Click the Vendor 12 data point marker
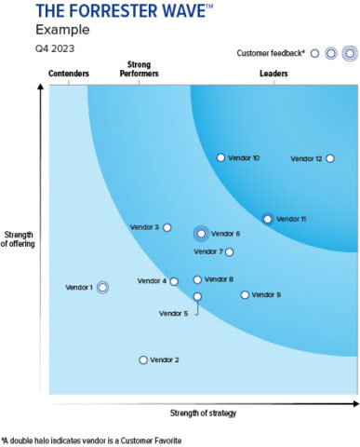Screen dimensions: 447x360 pyautogui.click(x=329, y=158)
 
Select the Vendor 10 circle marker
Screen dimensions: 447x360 pyautogui.click(x=220, y=158)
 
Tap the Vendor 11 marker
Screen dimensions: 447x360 pyautogui.click(x=267, y=219)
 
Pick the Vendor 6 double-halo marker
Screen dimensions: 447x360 pyautogui.click(x=201, y=234)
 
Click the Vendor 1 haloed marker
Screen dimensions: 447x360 pyautogui.click(x=102, y=288)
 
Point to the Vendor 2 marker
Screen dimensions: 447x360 pyautogui.click(x=143, y=359)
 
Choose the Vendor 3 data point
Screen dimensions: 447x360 pyautogui.click(x=167, y=227)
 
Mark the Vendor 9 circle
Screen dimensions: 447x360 pyautogui.click(x=245, y=295)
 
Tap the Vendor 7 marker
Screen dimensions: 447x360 pyautogui.click(x=229, y=251)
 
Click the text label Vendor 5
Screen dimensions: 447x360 pyautogui.click(x=173, y=314)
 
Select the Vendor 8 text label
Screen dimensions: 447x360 pyautogui.click(x=220, y=279)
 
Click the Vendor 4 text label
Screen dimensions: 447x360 pyautogui.click(x=152, y=281)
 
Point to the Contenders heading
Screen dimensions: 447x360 pyautogui.click(x=68, y=72)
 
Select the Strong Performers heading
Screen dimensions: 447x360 pyautogui.click(x=140, y=68)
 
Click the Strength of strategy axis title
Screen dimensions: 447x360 pyautogui.click(x=204, y=413)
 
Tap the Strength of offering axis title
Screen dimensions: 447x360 pyautogui.click(x=20, y=238)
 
